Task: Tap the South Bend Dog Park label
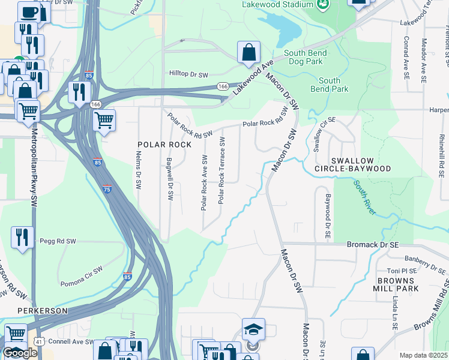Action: tap(305, 57)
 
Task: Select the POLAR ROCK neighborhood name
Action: tap(164, 145)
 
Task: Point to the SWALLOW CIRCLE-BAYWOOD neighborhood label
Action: tap(352, 165)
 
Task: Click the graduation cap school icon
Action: tap(253, 329)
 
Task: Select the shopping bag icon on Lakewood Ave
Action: tap(249, 53)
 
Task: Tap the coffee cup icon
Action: tap(29, 12)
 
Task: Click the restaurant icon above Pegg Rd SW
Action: tap(22, 236)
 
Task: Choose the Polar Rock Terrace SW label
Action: tap(221, 170)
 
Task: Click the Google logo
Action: tap(20, 353)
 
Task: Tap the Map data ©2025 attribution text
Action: tap(424, 355)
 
